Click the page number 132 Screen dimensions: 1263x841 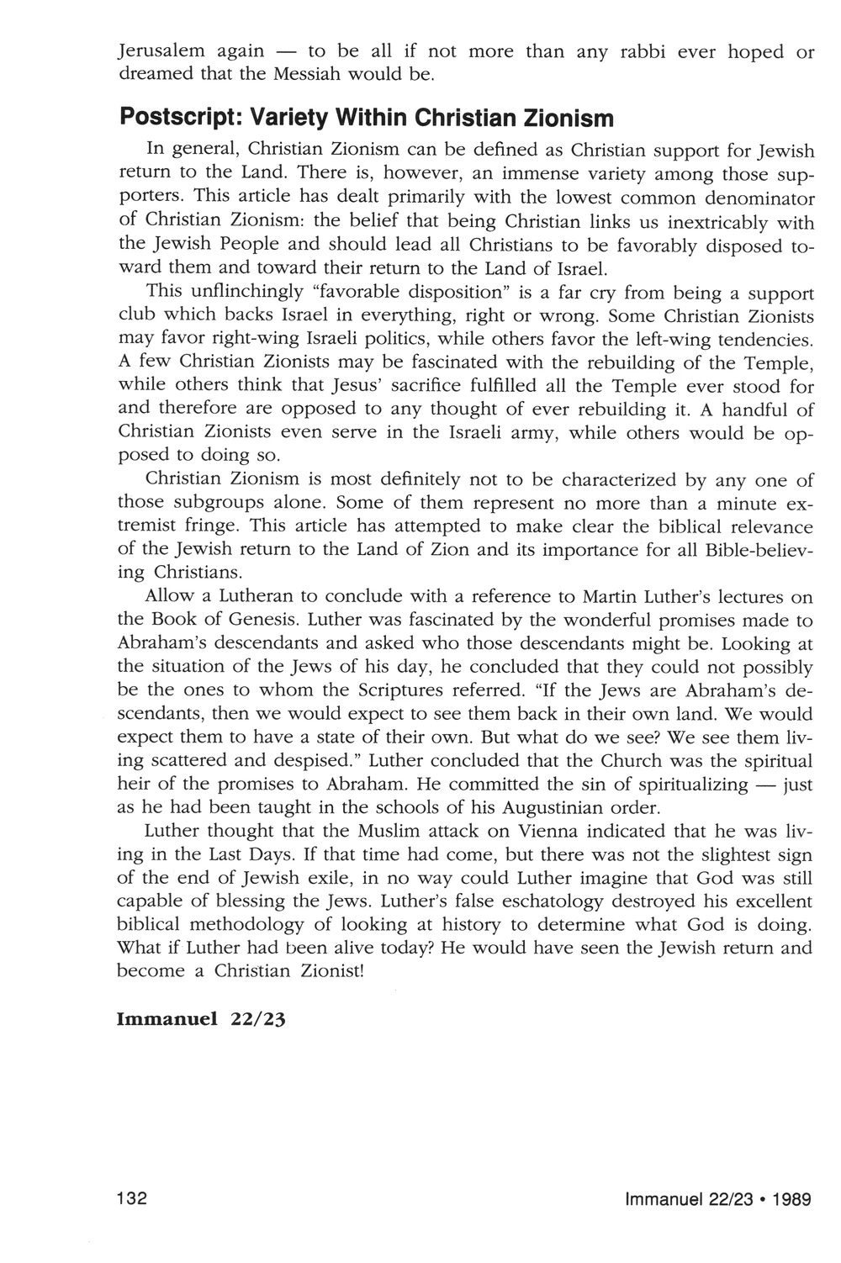pos(133,1199)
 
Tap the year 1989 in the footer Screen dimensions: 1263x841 pos(792,1200)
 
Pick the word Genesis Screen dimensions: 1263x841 pos(258,621)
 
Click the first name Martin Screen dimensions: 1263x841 pos(606,598)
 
